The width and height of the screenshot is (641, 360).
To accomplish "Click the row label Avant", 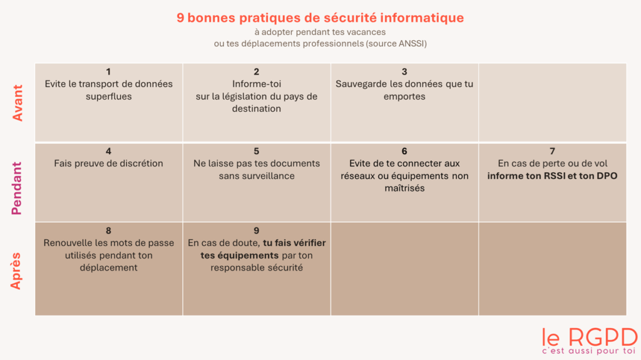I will [18, 103].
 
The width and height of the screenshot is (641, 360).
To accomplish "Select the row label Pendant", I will [18, 188].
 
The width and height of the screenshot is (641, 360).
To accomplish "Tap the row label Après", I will [18, 270].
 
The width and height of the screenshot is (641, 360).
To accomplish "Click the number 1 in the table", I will [108, 71].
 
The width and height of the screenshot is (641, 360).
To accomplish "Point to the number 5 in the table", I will [257, 151].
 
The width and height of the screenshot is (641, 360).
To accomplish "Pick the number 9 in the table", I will [257, 230].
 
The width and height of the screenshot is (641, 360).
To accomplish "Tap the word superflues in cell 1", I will [108, 96].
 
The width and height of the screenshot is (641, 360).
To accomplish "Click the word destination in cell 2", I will [257, 108].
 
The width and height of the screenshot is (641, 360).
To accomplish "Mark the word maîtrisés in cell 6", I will [404, 188].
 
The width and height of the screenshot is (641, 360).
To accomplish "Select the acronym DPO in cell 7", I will [607, 176].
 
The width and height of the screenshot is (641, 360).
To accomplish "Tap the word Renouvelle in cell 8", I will [67, 243].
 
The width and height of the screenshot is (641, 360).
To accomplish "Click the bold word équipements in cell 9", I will [248, 255].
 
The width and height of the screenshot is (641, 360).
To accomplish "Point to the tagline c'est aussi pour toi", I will [589, 351].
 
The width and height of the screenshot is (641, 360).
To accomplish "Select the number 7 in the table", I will [552, 151].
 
